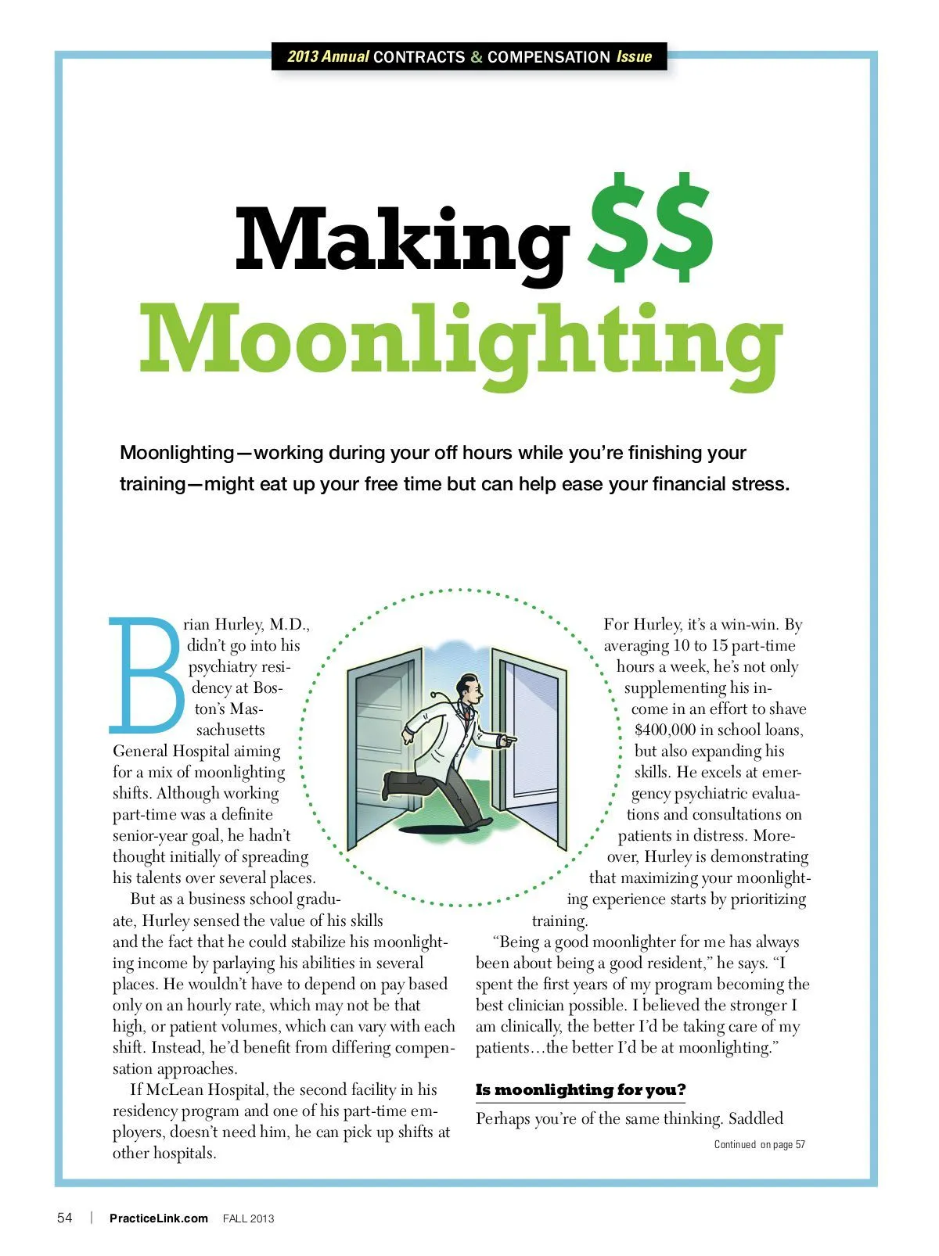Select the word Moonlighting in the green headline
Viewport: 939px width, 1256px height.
460,340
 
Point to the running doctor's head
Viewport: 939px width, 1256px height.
469,688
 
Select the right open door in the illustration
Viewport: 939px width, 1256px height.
532,743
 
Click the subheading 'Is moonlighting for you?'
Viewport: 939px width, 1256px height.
580,1090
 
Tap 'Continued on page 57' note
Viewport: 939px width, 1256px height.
759,1145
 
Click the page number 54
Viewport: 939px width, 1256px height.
65,1218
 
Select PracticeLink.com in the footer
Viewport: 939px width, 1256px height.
158,1218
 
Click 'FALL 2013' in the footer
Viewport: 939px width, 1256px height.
248,1218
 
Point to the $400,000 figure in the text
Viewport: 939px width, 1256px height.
664,730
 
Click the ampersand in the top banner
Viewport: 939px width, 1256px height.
476,57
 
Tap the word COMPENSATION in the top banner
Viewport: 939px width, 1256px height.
549,57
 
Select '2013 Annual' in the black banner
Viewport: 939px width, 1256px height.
328,57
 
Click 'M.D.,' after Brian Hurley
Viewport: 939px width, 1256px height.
290,625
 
